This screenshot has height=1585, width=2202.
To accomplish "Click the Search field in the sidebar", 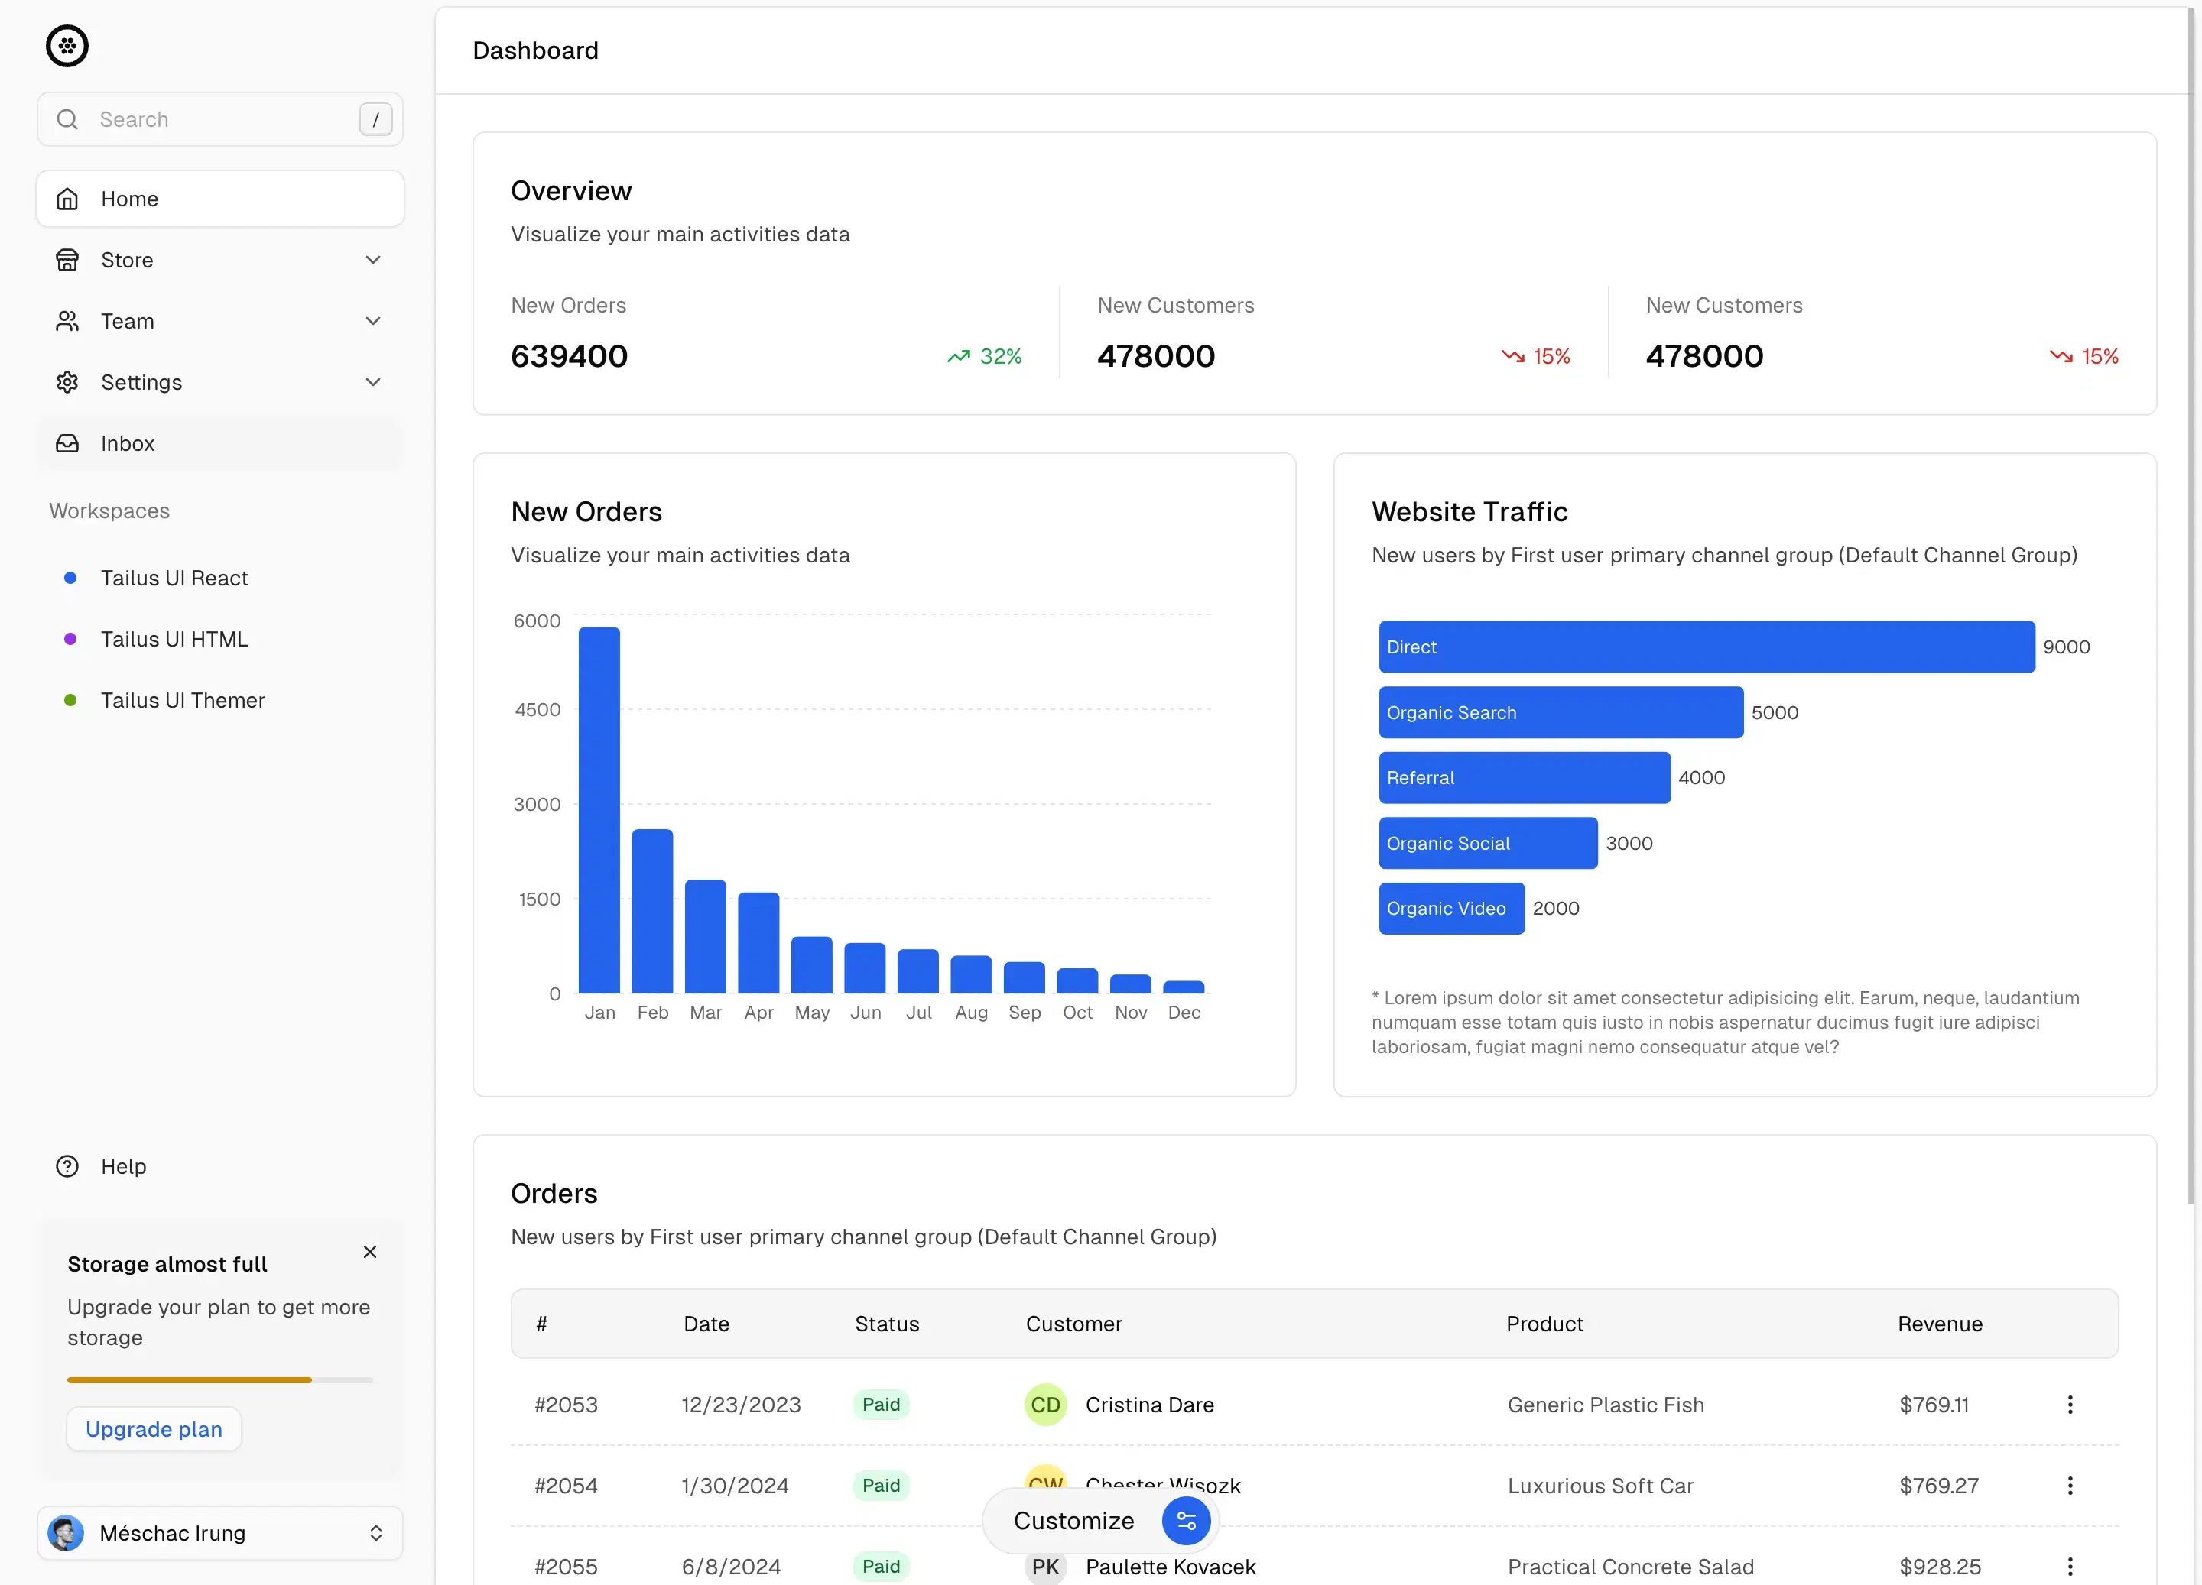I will click(x=219, y=119).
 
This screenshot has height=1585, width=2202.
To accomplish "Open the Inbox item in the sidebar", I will click(x=127, y=443).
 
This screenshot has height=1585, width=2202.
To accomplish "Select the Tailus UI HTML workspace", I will click(x=175, y=640).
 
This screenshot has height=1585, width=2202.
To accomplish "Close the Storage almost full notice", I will click(x=370, y=1252).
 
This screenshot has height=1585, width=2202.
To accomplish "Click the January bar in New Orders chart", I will click(x=599, y=810).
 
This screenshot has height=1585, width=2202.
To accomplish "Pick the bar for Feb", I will click(x=652, y=912).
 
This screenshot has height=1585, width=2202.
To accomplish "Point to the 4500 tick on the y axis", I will click(x=538, y=709).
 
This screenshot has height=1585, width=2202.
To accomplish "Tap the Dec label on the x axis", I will click(x=1184, y=1013).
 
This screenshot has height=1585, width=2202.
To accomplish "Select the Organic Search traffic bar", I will click(x=1561, y=712).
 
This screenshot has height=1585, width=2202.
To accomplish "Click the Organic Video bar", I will click(x=1451, y=909).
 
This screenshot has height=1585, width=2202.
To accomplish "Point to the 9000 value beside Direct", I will click(x=2066, y=647).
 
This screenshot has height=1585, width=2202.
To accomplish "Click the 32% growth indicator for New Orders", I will click(x=985, y=357).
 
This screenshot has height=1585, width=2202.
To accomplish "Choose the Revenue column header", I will click(x=1940, y=1324).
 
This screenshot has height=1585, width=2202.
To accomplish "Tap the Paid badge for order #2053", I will click(x=881, y=1405).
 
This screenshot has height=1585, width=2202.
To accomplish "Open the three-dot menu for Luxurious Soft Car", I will click(x=2070, y=1486).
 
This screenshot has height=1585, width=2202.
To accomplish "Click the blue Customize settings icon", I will click(x=1185, y=1521).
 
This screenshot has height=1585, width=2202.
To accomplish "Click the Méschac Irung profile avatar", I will click(x=66, y=1534).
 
